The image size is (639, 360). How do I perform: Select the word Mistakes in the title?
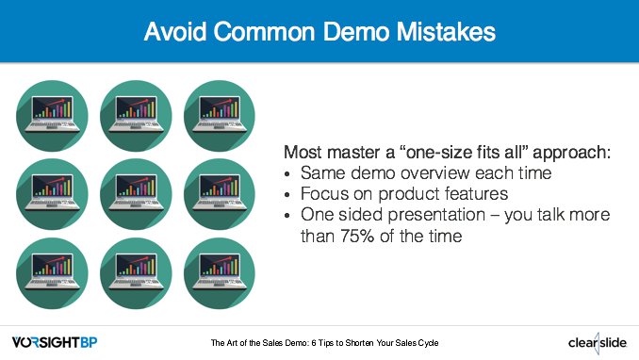[440, 32]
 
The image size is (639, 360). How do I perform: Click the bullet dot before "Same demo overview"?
[287, 174]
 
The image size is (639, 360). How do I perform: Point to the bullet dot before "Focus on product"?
[287, 195]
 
